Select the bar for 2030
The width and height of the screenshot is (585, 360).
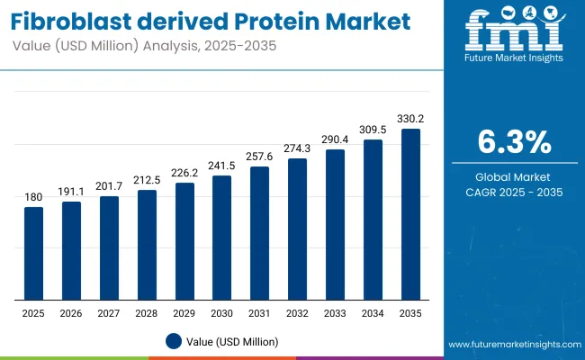click(222, 238)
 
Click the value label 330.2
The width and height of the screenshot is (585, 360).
click(410, 118)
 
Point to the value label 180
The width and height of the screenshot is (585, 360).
click(33, 197)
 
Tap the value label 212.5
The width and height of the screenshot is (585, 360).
click(147, 179)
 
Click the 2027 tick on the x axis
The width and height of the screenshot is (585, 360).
click(109, 312)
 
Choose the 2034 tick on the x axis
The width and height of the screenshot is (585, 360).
click(373, 312)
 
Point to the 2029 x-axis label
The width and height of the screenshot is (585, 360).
click(184, 312)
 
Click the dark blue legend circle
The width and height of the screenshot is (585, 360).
click(175, 341)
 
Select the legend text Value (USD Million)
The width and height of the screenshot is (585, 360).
click(233, 341)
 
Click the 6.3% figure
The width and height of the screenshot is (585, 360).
click(513, 143)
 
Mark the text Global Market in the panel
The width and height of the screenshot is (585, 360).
click(513, 176)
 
